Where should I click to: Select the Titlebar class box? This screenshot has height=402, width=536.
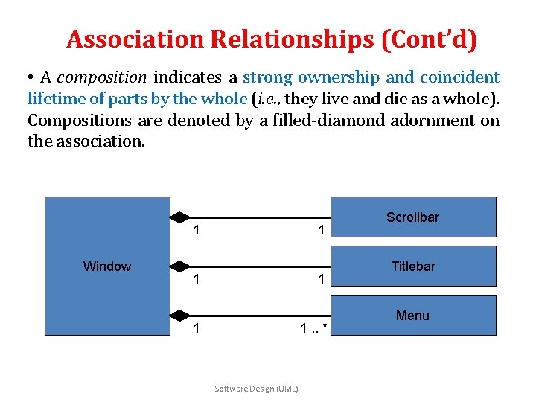[x=413, y=266]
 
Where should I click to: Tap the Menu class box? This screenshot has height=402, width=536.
[x=413, y=316]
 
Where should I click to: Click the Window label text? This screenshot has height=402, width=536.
[x=107, y=267]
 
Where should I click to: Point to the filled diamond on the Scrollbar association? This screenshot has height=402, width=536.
[x=179, y=217]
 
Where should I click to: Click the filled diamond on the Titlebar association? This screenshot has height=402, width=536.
[x=179, y=266]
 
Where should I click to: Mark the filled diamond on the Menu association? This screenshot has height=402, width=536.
[x=179, y=315]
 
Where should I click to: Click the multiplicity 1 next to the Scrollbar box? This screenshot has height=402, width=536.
[x=321, y=231]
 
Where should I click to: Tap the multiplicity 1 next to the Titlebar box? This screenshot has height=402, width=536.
[x=321, y=280]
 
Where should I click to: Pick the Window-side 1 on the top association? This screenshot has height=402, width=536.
[x=197, y=231]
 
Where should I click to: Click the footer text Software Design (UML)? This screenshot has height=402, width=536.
[x=256, y=389]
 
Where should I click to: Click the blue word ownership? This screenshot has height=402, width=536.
[x=341, y=77]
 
